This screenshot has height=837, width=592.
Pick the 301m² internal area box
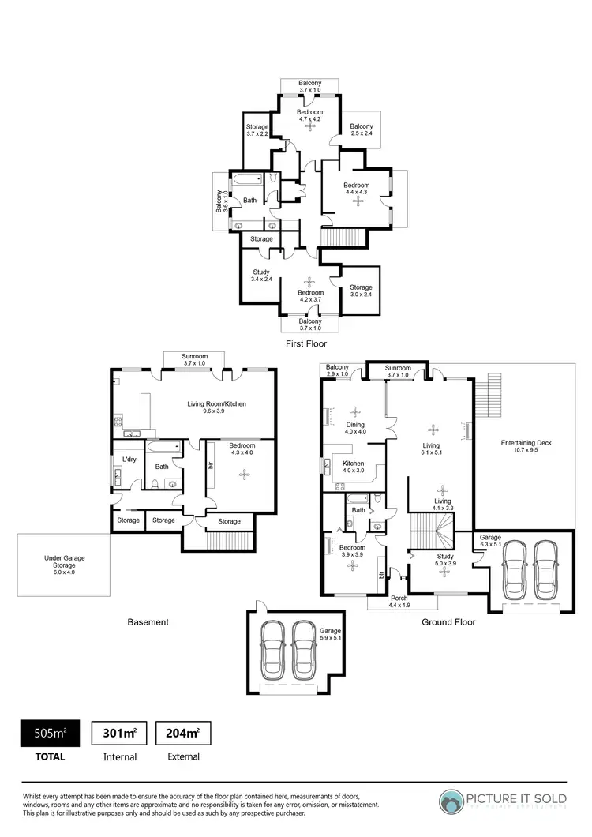click(x=119, y=734)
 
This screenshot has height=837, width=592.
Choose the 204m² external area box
click(x=183, y=734)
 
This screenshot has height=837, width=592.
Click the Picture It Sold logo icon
click(x=454, y=800)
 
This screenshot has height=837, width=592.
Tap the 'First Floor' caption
click(x=305, y=344)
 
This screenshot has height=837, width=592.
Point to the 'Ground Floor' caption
click(x=448, y=622)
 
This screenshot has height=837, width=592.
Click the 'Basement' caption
click(x=148, y=622)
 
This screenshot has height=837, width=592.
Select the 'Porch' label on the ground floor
click(x=399, y=602)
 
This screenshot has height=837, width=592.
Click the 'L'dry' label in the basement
click(x=129, y=460)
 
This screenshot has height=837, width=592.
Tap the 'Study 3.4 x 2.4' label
click(x=261, y=276)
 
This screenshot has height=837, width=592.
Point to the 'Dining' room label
click(x=355, y=427)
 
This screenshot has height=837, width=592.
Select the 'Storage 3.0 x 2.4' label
click(x=361, y=291)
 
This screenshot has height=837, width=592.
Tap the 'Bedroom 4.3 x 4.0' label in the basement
click(x=242, y=449)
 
